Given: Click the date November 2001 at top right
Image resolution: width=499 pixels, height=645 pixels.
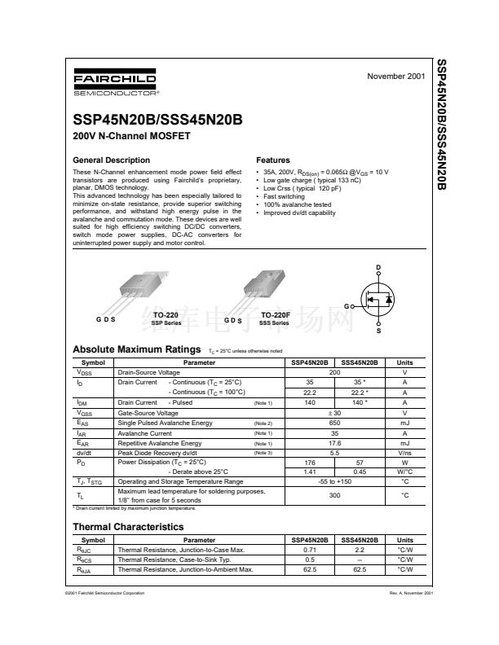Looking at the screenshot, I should (x=396, y=76).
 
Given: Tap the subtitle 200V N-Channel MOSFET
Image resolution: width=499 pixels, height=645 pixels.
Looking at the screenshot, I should (x=131, y=136).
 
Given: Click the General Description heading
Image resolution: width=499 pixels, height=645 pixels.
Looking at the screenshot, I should (x=112, y=160).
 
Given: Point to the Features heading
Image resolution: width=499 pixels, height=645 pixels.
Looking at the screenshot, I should (x=273, y=160).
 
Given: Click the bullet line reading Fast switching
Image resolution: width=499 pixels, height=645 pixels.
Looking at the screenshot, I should (x=283, y=196).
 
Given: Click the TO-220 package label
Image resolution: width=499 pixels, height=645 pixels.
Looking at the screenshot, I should (x=166, y=314).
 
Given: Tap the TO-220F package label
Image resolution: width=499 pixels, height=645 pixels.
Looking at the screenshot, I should (x=277, y=314).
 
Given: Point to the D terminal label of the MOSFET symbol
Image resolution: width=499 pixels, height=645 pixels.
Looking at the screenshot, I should (x=378, y=268).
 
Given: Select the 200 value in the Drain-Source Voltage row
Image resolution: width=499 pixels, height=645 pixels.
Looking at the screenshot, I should (x=334, y=371).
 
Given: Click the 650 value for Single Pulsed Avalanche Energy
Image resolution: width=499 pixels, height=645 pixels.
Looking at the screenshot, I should (x=334, y=423).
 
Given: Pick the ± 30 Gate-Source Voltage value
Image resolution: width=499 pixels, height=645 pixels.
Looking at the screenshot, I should (x=334, y=413).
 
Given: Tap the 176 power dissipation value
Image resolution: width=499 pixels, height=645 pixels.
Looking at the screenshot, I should (x=310, y=461).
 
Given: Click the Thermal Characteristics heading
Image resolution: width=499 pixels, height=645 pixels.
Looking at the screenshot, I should (x=128, y=527).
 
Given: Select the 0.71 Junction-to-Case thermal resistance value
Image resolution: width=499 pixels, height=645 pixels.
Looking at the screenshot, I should (x=310, y=551).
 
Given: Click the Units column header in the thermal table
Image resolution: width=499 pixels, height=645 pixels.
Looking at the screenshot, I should (x=404, y=540).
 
